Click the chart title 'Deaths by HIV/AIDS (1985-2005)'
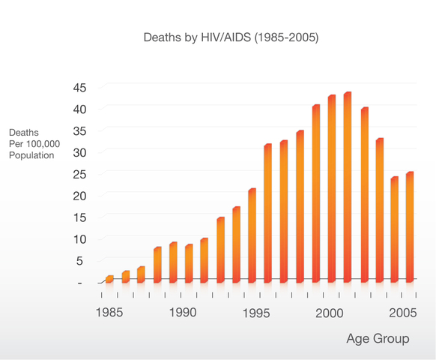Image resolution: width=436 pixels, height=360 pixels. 231,37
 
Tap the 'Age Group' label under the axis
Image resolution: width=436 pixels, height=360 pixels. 378,339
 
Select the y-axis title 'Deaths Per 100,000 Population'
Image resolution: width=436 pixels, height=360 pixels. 31,144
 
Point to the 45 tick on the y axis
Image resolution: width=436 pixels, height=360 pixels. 80,88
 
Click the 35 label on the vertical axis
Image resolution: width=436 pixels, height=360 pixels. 80,131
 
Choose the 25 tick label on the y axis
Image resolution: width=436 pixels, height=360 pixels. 80,175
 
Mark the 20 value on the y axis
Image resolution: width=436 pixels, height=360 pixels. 80,196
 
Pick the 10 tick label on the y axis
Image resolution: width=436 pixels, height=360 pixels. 80,239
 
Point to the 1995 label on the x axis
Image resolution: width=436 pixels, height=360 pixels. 256,313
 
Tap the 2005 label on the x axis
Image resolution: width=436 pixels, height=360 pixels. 402,313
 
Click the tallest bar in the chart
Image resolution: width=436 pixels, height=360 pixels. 347,187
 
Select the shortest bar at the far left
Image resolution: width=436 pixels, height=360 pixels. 109,279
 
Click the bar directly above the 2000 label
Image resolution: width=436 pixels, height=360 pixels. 331,189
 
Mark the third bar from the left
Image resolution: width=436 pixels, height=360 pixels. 141,274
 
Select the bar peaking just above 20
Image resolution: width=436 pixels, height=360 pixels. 252,235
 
